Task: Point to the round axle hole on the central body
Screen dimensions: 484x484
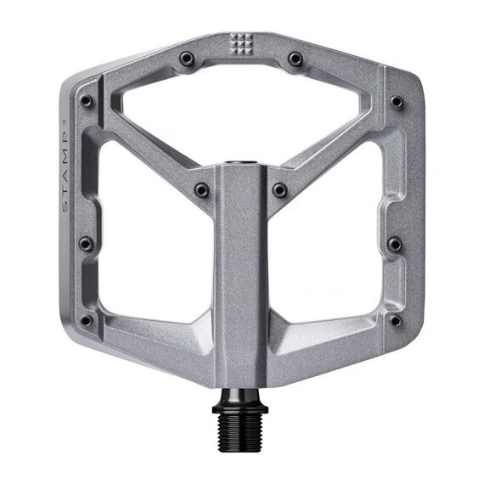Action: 242,159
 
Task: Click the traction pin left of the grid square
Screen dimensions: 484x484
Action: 186,59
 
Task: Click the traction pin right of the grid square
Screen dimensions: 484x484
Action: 295,59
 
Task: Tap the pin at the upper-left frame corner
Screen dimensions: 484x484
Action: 87,101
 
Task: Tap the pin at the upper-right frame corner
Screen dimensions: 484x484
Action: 397,101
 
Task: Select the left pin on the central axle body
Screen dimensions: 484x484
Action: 201,190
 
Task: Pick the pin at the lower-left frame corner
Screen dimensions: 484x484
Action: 87,320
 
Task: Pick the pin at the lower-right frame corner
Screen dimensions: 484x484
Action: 396,320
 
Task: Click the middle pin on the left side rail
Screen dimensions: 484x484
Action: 86,245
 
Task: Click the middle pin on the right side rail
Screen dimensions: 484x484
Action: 395,245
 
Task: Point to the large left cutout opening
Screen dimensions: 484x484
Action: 149,246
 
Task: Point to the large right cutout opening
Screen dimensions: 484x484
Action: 335,246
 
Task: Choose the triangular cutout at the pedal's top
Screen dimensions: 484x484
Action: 241,110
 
